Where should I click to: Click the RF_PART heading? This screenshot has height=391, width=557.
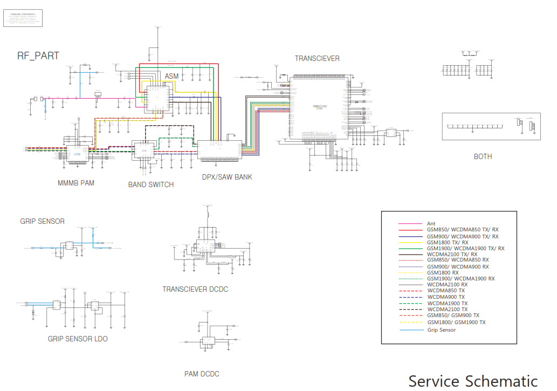(x=38, y=56)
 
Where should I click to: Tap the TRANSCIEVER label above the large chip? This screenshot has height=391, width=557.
(x=317, y=58)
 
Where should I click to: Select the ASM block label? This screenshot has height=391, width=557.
(x=171, y=76)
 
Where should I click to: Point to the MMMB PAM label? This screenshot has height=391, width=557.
(x=76, y=183)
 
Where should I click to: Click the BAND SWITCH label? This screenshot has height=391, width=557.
(x=151, y=184)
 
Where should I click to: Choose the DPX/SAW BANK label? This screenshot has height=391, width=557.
(x=227, y=177)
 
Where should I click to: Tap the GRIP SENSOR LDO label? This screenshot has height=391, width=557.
(x=78, y=339)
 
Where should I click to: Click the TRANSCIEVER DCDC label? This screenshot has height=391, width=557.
(x=195, y=289)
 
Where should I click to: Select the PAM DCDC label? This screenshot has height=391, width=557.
(x=202, y=374)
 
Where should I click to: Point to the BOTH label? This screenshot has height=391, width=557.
(x=483, y=156)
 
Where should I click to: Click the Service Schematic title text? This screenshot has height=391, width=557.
(x=473, y=381)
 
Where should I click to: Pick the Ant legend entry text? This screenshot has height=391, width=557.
(x=431, y=223)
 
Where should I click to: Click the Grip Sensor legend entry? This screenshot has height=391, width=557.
(x=442, y=330)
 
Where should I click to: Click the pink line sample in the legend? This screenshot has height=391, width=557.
(x=409, y=223)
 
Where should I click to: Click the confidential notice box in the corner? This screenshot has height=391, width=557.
(x=23, y=18)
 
